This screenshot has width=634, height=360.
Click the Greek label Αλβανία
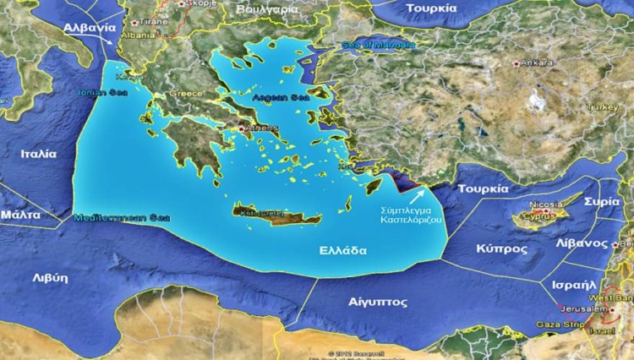pyautogui.click(x=89, y=27)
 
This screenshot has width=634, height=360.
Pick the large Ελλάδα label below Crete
pyautogui.click(x=342, y=251)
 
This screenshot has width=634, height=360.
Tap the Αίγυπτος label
pyautogui.click(x=378, y=301)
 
